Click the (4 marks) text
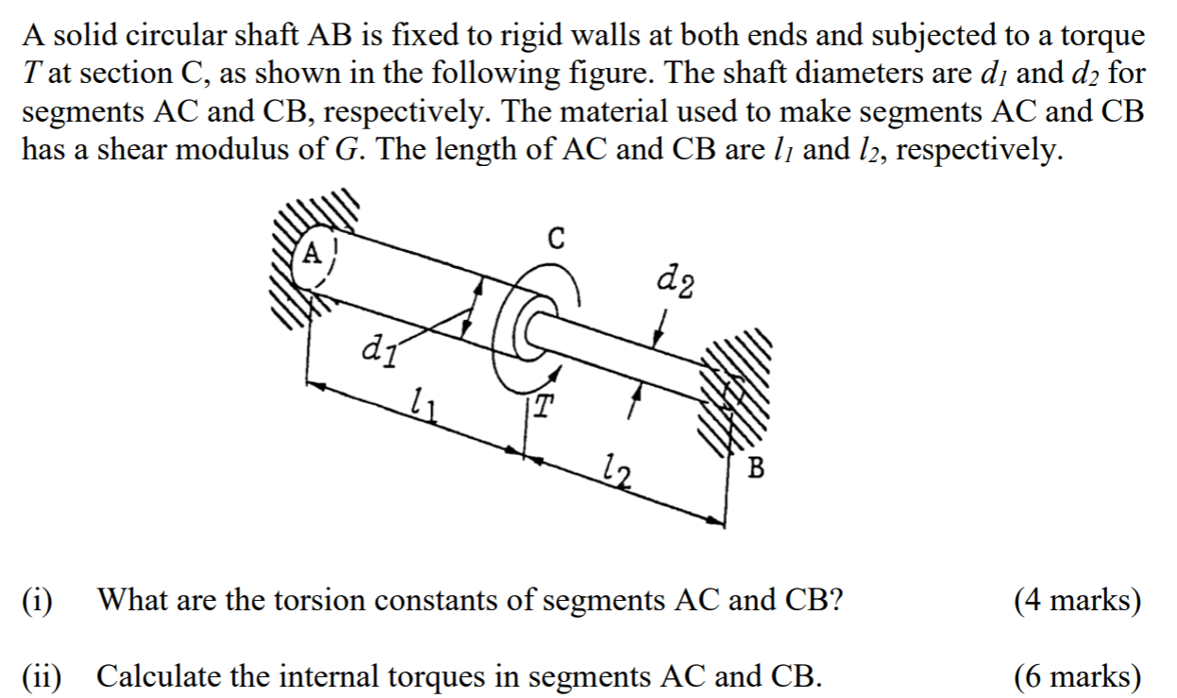click(1076, 599)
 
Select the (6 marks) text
click(1076, 675)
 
